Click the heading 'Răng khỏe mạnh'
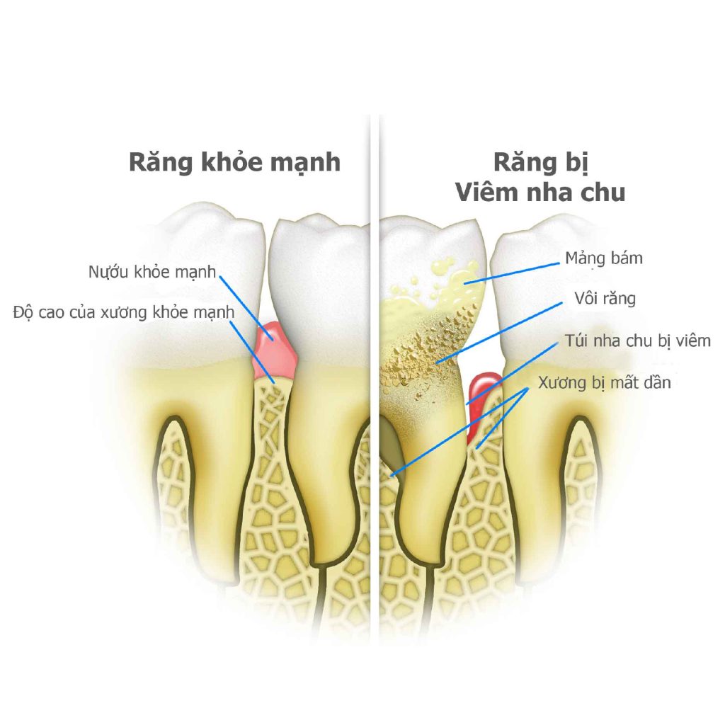point(234,162)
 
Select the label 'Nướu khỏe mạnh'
point(152,272)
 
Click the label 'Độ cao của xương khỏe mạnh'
point(123,312)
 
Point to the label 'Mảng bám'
point(604,258)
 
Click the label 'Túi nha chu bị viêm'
point(638,341)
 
